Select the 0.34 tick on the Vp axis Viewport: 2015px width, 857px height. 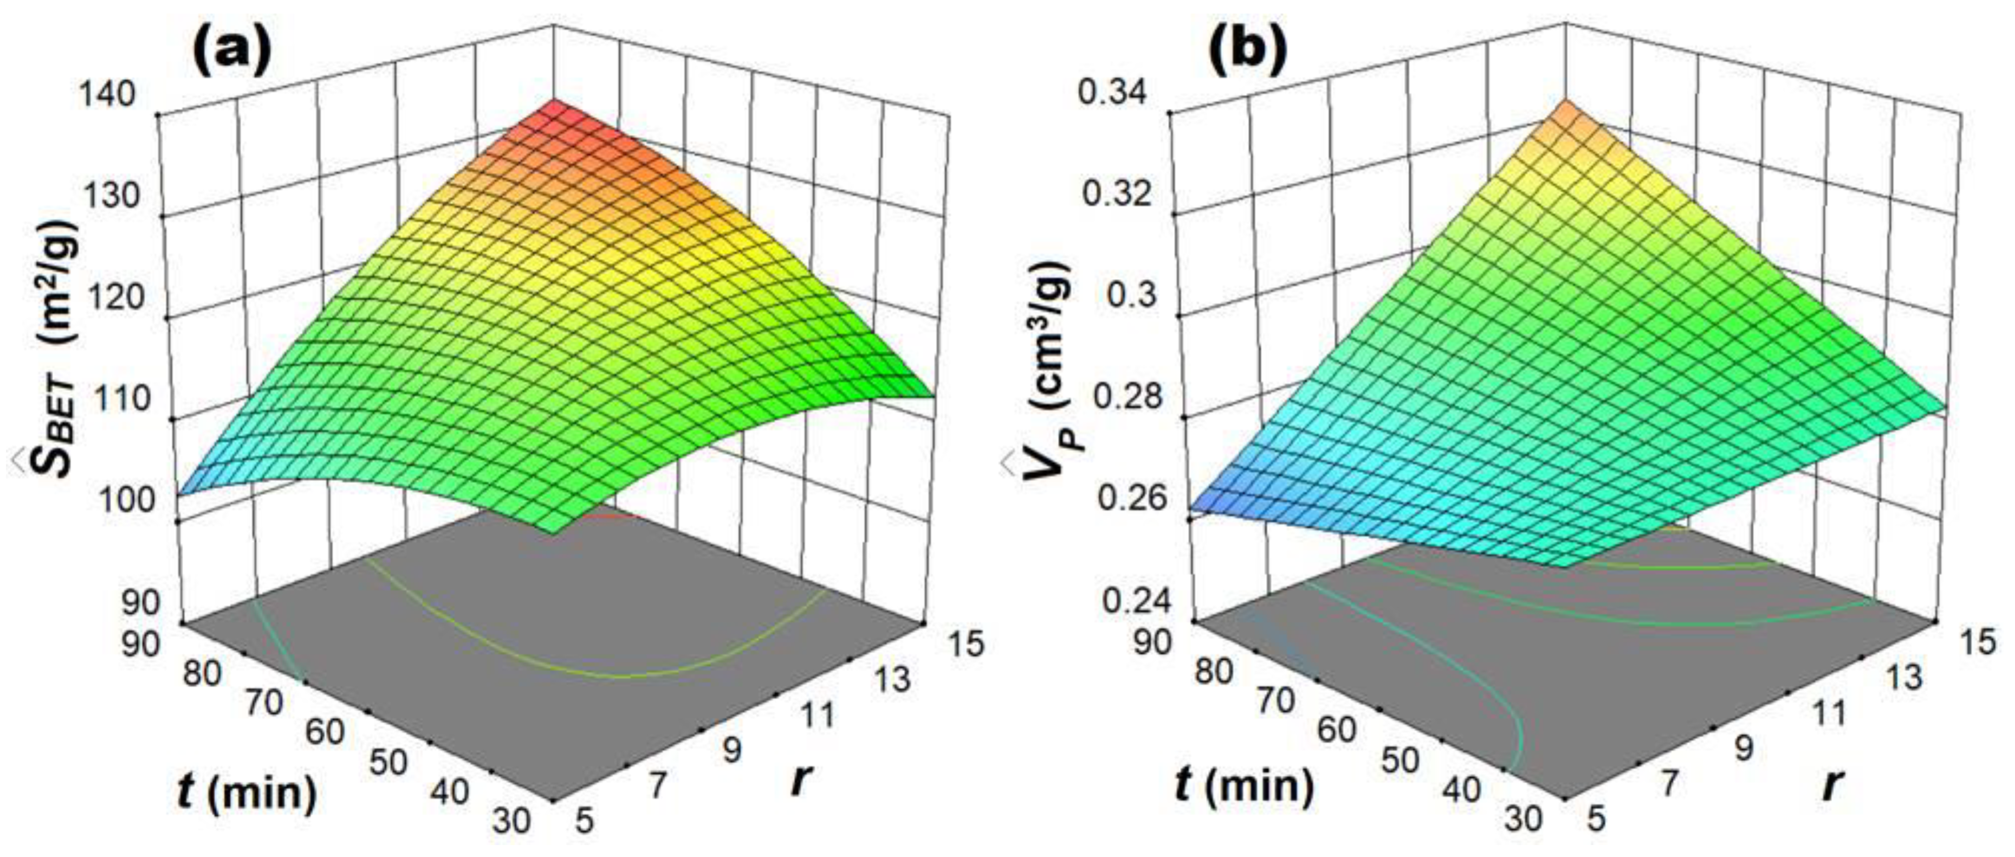[x=1112, y=93]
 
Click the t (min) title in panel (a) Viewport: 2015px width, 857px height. [x=247, y=792]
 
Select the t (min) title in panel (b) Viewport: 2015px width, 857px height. [x=1244, y=784]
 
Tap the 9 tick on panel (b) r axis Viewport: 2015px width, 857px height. [x=1743, y=749]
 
